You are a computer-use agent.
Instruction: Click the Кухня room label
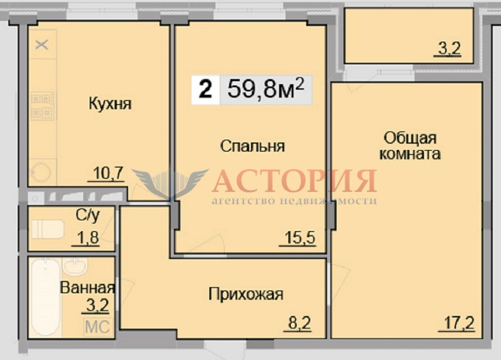[110, 104]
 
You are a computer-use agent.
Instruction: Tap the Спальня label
[253, 147]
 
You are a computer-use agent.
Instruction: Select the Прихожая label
[246, 294]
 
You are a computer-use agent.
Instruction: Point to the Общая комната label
[410, 146]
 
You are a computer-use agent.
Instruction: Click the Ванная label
[87, 288]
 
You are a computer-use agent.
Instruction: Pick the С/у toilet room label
[87, 215]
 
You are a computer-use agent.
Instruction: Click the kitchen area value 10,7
[108, 173]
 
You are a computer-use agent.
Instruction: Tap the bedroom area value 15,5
[300, 238]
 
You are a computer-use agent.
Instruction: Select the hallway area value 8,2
[299, 323]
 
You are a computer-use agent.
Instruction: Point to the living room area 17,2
[459, 323]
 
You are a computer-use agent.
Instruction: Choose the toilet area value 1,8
[88, 238]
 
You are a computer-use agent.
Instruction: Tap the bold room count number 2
[206, 89]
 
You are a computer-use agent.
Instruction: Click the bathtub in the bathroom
[45, 297]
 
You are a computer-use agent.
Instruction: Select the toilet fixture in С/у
[47, 229]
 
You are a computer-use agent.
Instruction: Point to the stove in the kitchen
[42, 105]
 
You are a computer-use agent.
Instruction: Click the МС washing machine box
[98, 327]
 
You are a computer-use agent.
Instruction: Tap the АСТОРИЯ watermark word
[294, 181]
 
